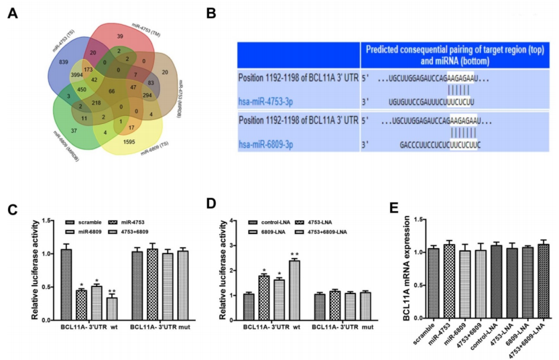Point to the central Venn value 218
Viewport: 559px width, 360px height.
tap(98, 103)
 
